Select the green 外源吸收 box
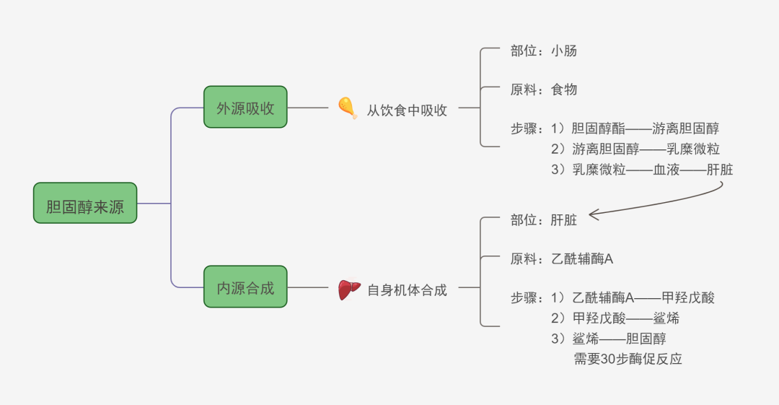coord(245,108)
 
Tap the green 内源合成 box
coord(245,287)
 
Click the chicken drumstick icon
coord(348,108)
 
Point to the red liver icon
coord(349,289)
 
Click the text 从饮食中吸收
coord(407,110)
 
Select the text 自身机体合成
coord(407,290)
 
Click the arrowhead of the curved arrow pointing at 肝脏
coord(593,214)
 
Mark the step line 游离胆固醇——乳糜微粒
coord(635,149)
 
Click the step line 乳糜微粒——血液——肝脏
coord(641,170)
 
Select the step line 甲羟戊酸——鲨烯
coord(615,318)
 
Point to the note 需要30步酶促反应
coord(628,359)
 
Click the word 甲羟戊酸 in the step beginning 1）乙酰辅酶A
coord(688,297)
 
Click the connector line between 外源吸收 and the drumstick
coord(308,108)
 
